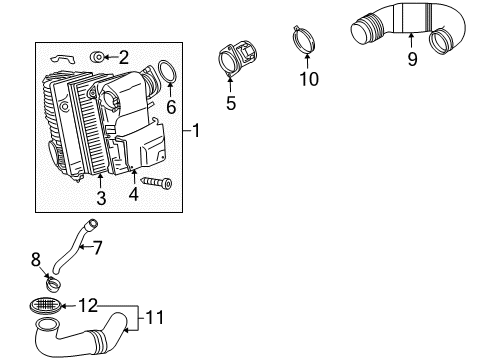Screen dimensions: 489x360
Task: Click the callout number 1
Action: coord(196,130)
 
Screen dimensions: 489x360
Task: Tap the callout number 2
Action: coord(124,57)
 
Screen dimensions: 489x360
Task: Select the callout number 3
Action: coord(101,198)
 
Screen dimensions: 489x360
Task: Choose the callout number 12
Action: coord(88,305)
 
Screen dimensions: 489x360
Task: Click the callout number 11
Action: coord(155,317)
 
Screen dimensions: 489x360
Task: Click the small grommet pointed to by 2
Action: coord(97,57)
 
